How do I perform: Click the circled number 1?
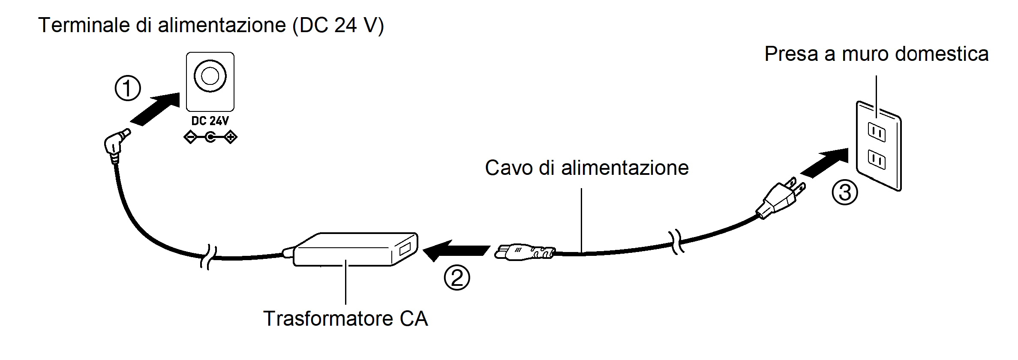click(x=128, y=89)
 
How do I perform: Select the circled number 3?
click(x=845, y=192)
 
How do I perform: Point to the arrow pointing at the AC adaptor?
click(x=455, y=250)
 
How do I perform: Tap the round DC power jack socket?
click(x=210, y=76)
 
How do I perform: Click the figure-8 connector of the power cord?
click(x=524, y=252)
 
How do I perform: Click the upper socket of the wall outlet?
click(x=877, y=132)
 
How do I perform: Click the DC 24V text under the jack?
click(x=210, y=121)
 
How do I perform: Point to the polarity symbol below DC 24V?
click(x=210, y=138)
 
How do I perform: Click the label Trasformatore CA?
click(x=345, y=319)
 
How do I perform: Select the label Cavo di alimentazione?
click(x=587, y=168)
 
